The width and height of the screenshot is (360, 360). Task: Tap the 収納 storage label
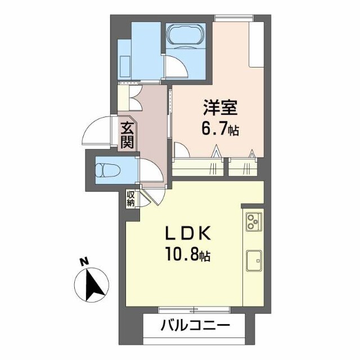[130, 199]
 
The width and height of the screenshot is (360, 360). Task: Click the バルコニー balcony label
[195, 326]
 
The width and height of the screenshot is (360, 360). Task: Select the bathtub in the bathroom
[187, 36]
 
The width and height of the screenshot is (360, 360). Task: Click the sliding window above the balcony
[194, 309]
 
